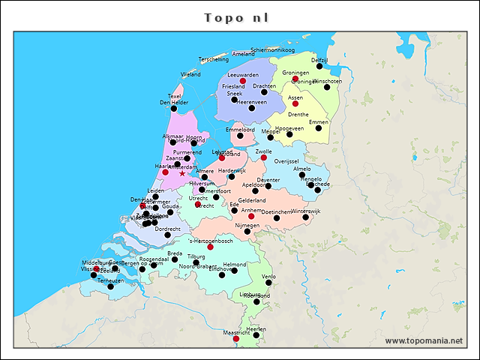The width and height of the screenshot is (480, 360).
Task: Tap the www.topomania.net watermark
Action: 424,341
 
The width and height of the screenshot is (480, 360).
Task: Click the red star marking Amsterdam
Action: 182,173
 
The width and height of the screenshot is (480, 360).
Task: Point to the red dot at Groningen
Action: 295,79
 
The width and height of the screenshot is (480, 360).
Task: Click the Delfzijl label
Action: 319,59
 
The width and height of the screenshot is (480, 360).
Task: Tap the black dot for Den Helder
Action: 174,109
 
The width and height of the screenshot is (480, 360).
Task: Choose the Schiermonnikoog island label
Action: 273,49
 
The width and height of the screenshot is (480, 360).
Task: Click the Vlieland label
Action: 190,74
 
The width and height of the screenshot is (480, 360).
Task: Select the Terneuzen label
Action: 110,280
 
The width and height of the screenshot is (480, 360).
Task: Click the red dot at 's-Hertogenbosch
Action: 210,247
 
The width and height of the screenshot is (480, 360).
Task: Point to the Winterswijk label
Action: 305,211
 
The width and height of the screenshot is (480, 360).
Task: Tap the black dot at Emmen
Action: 319,127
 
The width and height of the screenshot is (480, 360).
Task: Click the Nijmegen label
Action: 247,225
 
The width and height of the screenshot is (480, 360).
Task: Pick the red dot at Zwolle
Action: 264,157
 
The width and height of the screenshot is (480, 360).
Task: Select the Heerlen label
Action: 256,328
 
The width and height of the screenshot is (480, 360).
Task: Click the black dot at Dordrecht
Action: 167,235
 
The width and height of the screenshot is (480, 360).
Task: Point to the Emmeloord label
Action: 240,130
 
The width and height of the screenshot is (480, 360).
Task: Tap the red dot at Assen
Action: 295,103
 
